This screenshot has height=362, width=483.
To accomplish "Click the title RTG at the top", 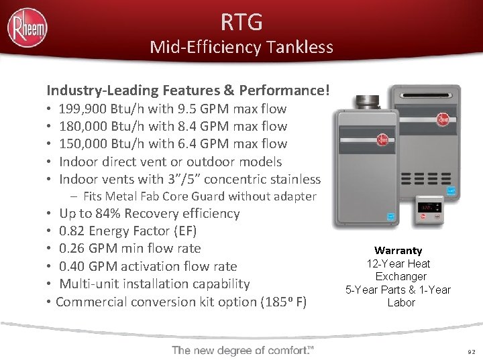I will coord(241,22).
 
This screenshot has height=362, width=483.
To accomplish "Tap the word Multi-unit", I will coord(87,284).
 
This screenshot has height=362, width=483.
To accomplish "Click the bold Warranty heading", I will coord(398,251).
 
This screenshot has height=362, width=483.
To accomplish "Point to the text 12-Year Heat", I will coord(398,263).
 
